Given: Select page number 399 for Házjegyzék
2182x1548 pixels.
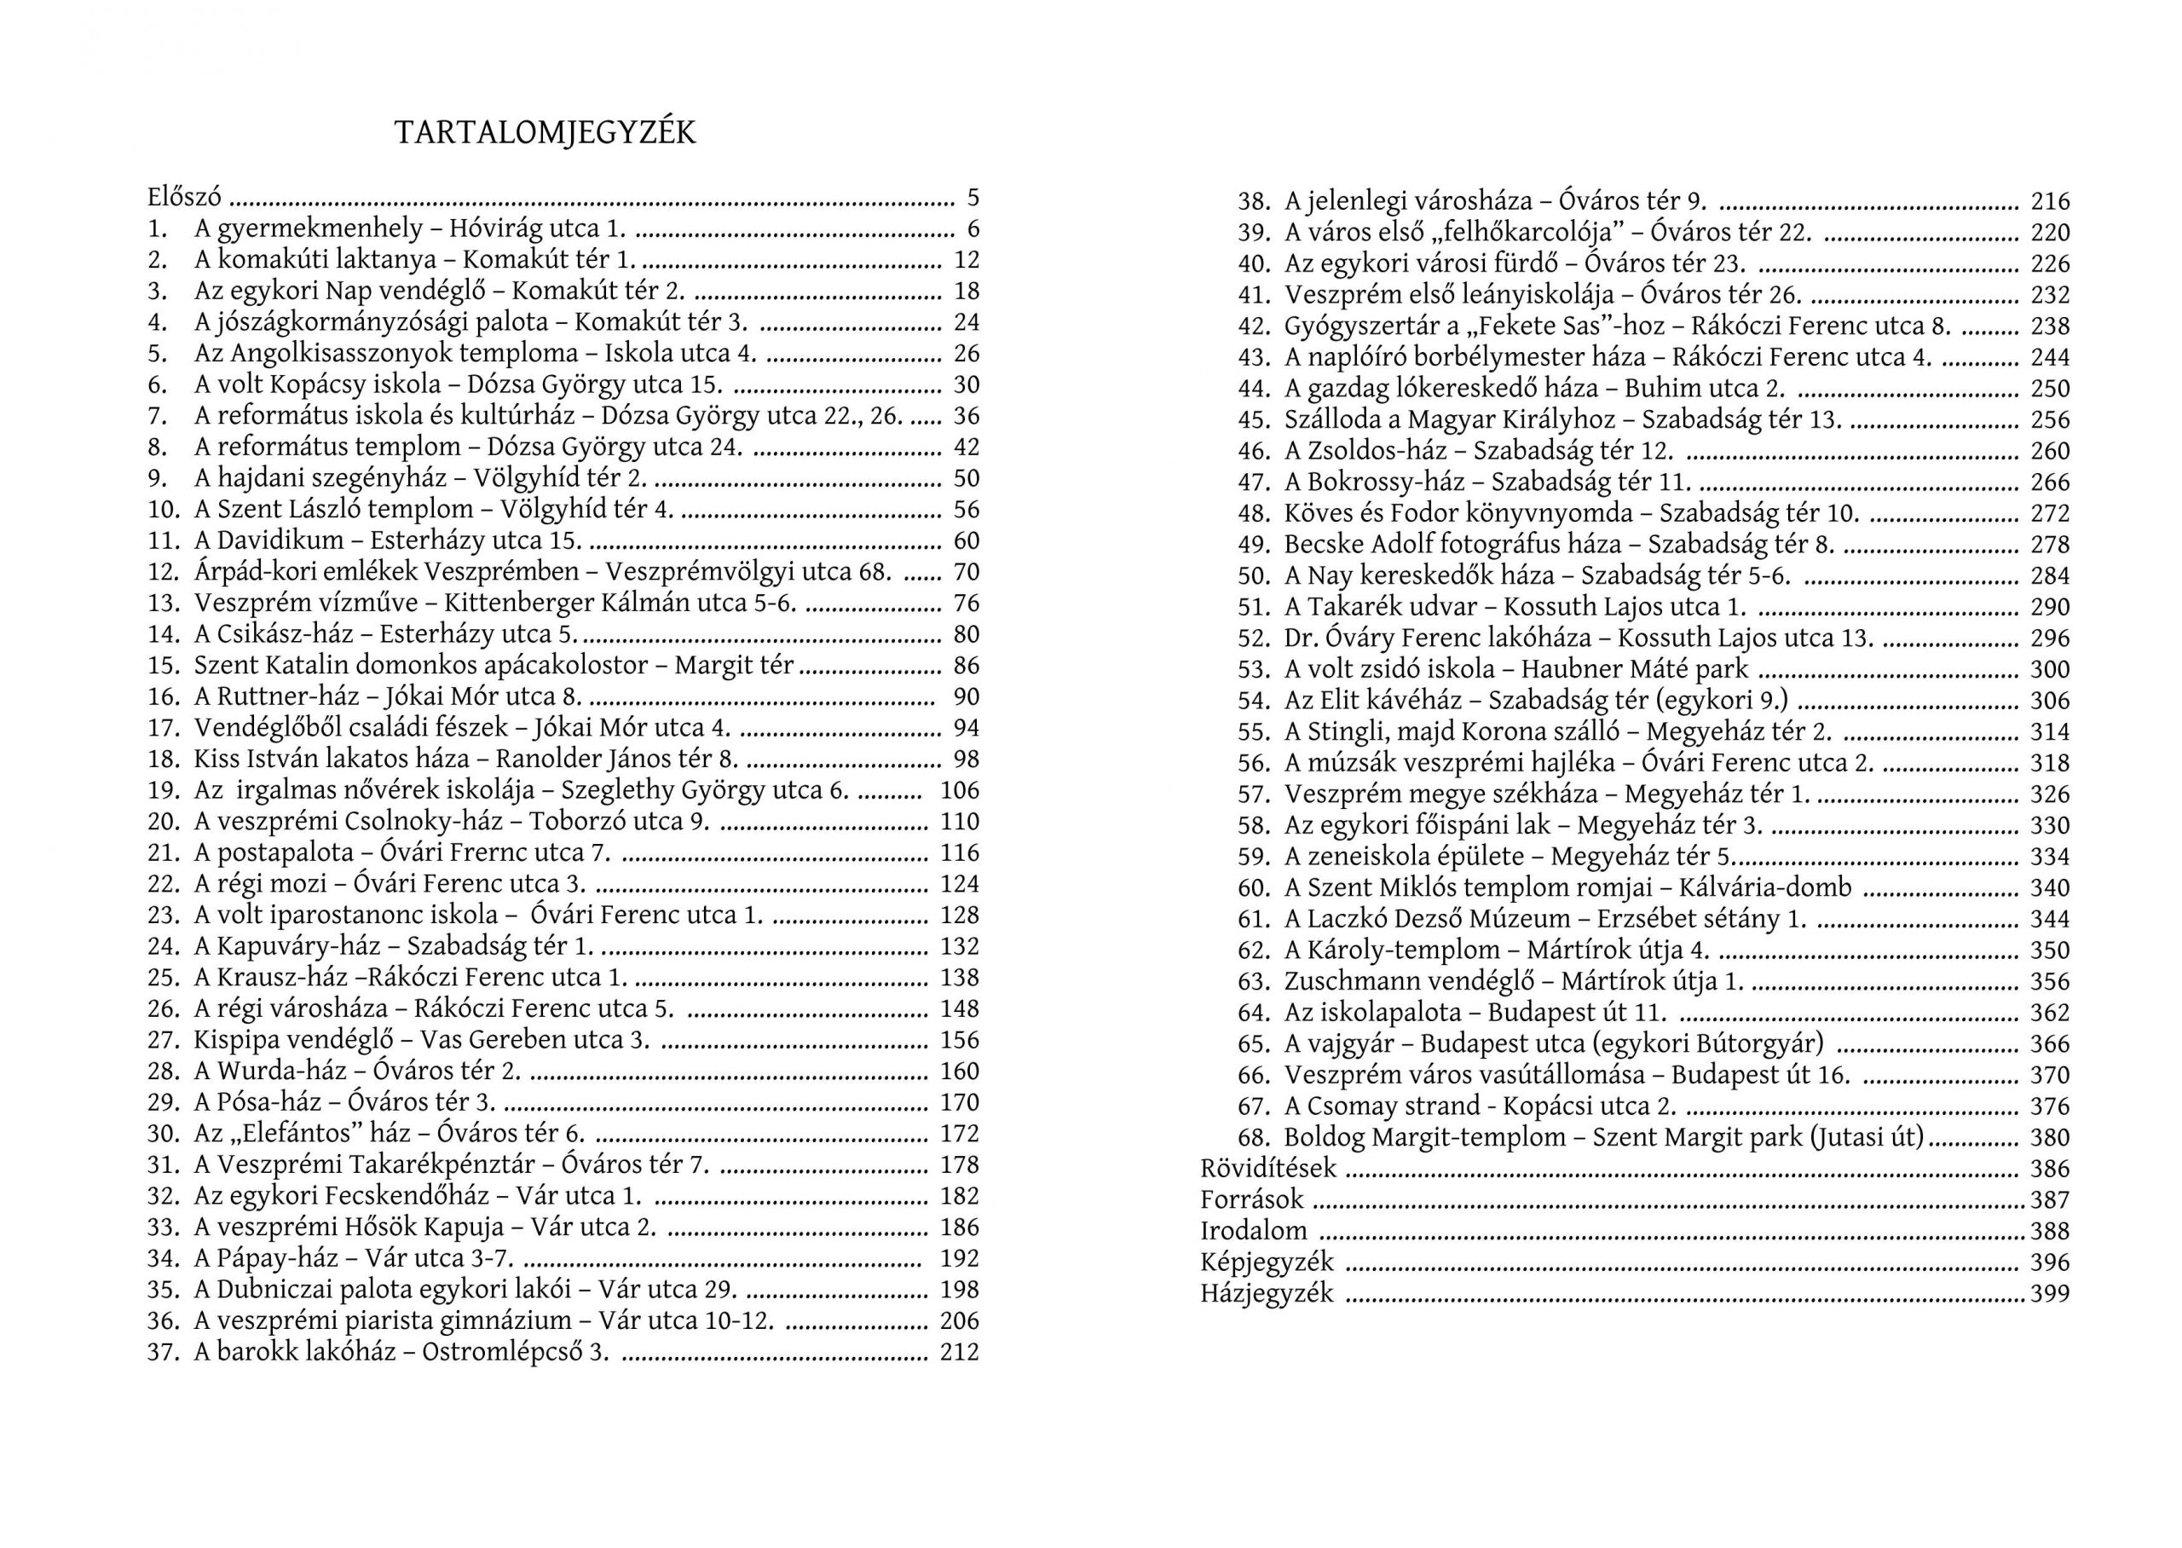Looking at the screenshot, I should coord(2050,1293).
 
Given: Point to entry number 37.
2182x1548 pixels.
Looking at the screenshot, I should coord(163,1352).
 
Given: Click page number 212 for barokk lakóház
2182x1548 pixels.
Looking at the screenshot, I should coord(959,1352).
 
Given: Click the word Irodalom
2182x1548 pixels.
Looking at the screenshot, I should coord(1253,1231).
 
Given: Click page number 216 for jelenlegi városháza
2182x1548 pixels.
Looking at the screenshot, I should coord(2050,201).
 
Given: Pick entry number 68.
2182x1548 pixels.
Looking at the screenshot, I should coord(1254,1137).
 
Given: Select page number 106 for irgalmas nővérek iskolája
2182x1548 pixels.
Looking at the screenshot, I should coord(959,790).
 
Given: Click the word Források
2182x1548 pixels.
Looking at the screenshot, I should coord(1251,1199).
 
